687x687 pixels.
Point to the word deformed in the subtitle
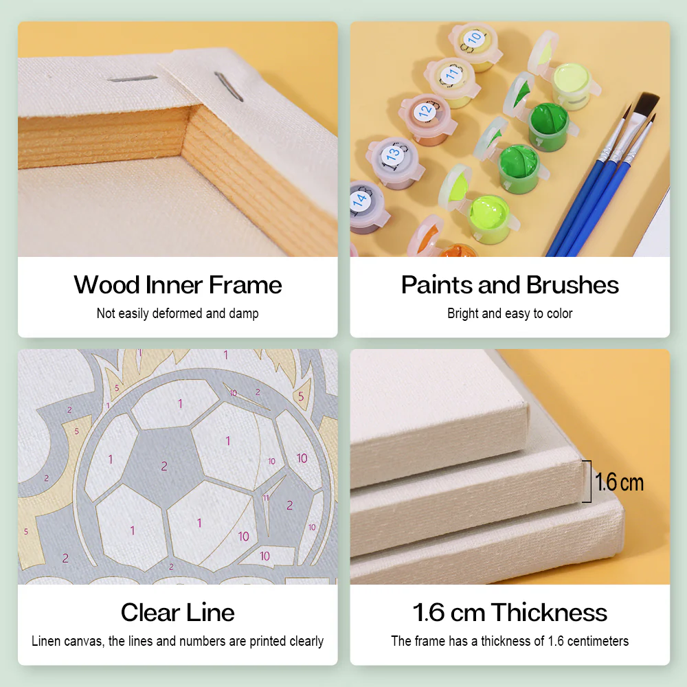[172, 314]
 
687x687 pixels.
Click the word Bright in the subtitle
[464, 314]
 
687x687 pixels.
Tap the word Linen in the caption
[47, 641]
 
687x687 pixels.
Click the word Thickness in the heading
[549, 612]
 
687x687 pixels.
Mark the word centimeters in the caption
[596, 641]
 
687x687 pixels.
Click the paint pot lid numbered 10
[474, 38]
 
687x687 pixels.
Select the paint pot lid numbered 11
[451, 73]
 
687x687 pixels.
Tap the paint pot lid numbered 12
[425, 110]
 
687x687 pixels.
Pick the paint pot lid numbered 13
[393, 155]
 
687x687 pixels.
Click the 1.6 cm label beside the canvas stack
[619, 482]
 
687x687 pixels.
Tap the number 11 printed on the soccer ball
[266, 497]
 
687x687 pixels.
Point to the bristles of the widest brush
[646, 106]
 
